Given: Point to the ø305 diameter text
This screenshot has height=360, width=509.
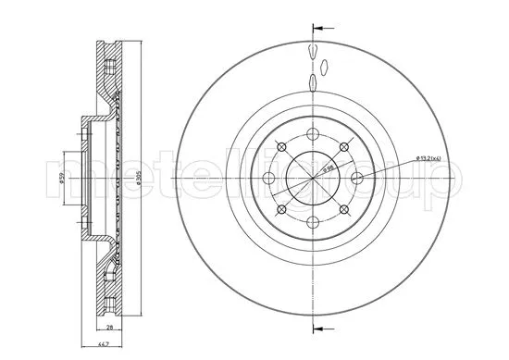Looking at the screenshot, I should pos(136,180).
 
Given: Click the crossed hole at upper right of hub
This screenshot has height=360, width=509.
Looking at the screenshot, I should pos(345,147).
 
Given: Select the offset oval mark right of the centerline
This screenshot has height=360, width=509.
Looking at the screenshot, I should pos(326,66).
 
